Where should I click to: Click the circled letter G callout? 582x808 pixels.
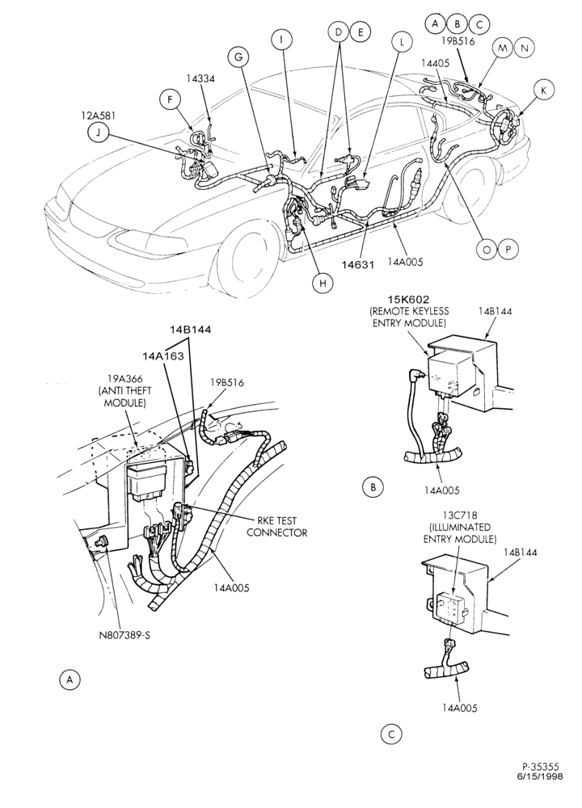[238, 57]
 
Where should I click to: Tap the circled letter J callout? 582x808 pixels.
[98, 133]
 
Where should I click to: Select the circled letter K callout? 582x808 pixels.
[543, 90]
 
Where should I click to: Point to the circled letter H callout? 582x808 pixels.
[323, 283]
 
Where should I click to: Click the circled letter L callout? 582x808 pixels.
[402, 42]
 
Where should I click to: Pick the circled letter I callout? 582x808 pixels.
[281, 39]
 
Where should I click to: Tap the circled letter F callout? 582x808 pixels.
[170, 99]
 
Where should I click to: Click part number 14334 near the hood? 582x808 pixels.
[200, 78]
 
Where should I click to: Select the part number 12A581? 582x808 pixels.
[98, 116]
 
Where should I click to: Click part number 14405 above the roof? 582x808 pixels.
[435, 63]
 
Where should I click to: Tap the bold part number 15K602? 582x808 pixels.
[409, 300]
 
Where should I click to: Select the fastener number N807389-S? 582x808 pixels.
[124, 635]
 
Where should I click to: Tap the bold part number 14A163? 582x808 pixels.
[163, 356]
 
